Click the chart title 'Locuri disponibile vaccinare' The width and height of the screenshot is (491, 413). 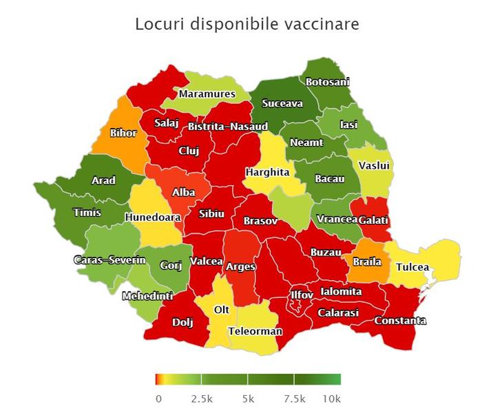tap(247, 25)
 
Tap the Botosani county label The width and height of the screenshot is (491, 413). tap(328, 81)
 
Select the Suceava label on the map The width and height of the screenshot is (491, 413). tap(282, 104)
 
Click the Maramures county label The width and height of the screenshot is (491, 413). tap(207, 94)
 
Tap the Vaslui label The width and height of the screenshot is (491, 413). tap(374, 166)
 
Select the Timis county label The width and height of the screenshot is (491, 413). tap(87, 213)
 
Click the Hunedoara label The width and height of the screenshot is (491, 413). tap(153, 218)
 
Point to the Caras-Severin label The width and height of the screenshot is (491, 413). tap(109, 260)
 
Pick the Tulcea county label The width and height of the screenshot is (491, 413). tap(412, 267)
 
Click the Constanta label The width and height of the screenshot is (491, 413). tap(400, 321)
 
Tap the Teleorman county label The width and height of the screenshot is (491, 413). tap(255, 331)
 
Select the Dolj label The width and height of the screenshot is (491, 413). tap(182, 321)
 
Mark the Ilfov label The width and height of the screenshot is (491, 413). tap(302, 295)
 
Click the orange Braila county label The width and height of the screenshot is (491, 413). tap(367, 262)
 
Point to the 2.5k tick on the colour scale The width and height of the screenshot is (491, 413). tap(201, 399)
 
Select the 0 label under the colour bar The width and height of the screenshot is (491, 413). tap(158, 399)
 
